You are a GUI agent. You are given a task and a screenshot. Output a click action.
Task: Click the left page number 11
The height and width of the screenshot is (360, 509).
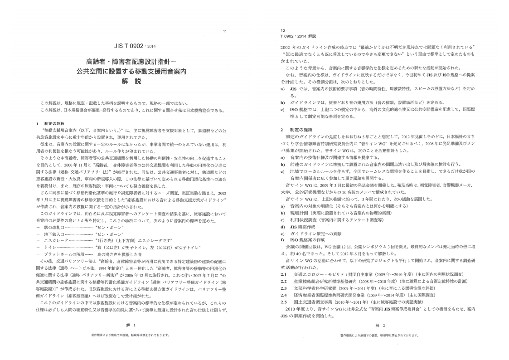pos(225,31)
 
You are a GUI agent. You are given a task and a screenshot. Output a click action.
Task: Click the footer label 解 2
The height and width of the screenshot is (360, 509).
pos(380,325)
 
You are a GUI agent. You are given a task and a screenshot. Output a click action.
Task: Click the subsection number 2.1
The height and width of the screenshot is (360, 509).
pos(284,274)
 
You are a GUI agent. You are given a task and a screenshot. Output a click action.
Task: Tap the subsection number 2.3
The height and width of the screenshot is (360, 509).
pos(284,288)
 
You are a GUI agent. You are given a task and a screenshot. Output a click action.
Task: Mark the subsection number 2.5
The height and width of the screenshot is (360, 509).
pos(284,302)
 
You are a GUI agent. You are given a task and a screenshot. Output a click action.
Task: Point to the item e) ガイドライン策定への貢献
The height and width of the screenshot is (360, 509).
pos(313,233)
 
